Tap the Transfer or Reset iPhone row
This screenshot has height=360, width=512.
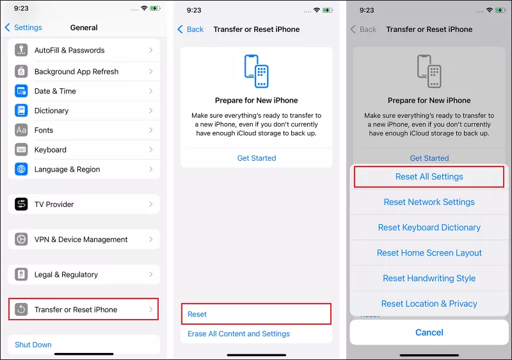pyautogui.click(x=83, y=309)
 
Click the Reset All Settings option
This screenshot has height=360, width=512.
pyautogui.click(x=429, y=177)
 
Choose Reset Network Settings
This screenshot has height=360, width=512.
pyautogui.click(x=429, y=202)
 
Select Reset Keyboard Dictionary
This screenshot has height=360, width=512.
pyautogui.click(x=429, y=227)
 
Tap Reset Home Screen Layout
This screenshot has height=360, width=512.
pyautogui.click(x=429, y=253)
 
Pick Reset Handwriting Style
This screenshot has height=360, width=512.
pyautogui.click(x=429, y=279)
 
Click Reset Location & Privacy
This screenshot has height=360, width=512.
pyautogui.click(x=429, y=304)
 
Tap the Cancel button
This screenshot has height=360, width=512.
pyautogui.click(x=429, y=332)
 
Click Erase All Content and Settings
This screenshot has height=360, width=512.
pyautogui.click(x=239, y=334)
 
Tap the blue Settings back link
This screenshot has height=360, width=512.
pyautogui.click(x=24, y=28)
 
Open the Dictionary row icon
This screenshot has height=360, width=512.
pyautogui.click(x=21, y=110)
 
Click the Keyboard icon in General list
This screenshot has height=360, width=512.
pyautogui.click(x=21, y=150)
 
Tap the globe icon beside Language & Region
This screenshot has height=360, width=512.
pyautogui.click(x=21, y=169)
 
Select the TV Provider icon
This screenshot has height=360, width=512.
pyautogui.click(x=21, y=204)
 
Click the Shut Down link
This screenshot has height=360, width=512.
pyautogui.click(x=33, y=345)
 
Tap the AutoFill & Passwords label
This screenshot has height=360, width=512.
pyautogui.click(x=70, y=51)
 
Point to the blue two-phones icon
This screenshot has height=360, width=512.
pyautogui.click(x=257, y=71)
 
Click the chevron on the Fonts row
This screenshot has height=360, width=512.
pyautogui.click(x=151, y=130)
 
